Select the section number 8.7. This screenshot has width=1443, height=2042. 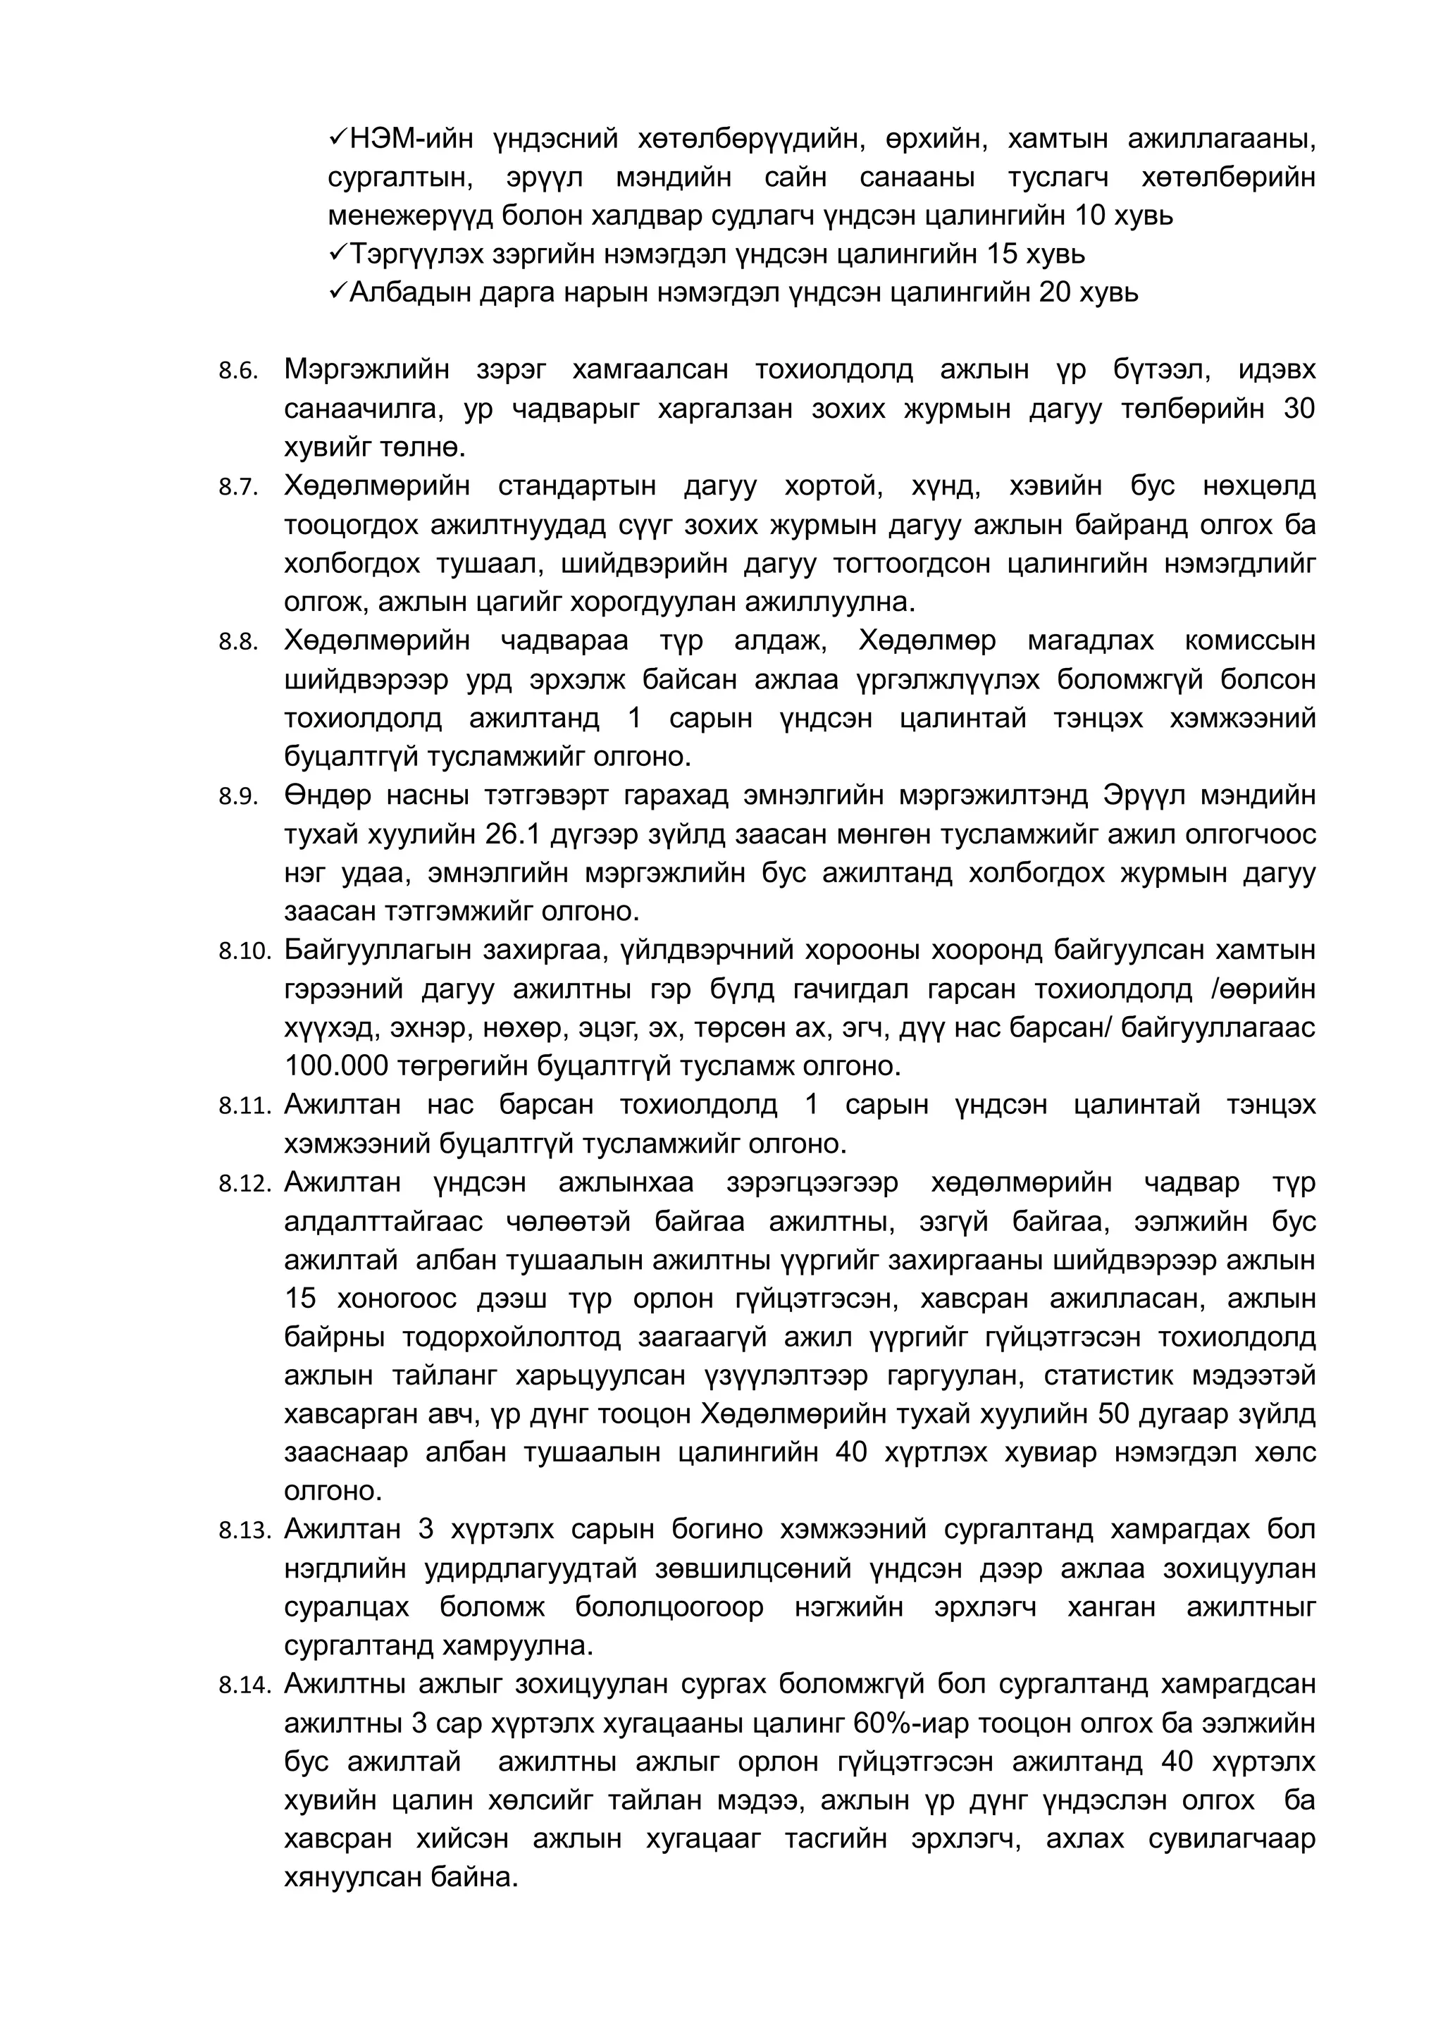coord(238,488)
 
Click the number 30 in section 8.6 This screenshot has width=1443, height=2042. coord(1299,409)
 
